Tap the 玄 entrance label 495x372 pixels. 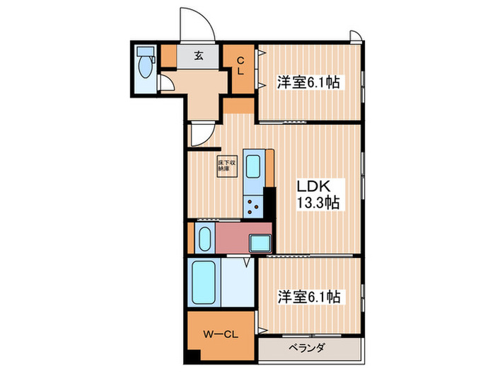tap(199, 57)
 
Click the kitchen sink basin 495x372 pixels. tap(253, 168)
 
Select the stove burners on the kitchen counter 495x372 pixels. tap(252, 207)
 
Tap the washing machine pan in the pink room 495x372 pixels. tap(260, 242)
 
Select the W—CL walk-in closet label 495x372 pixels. tap(219, 334)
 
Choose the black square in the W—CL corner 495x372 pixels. tap(193, 356)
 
